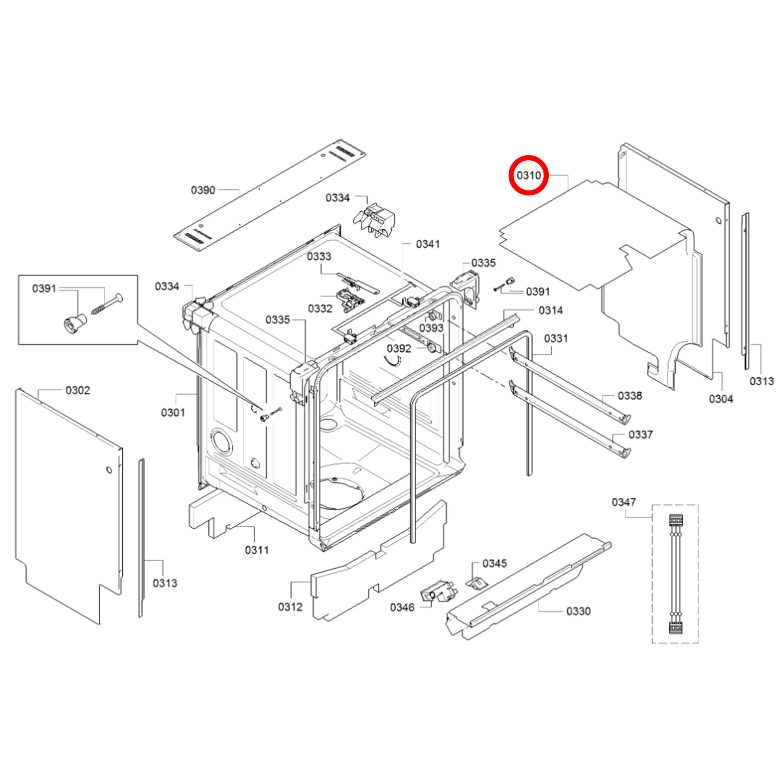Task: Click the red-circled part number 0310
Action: pyautogui.click(x=529, y=175)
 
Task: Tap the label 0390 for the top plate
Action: pyautogui.click(x=203, y=190)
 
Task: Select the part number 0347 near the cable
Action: pyautogui.click(x=623, y=502)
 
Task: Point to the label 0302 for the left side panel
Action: pyautogui.click(x=77, y=390)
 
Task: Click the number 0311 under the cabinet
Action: pyautogui.click(x=257, y=550)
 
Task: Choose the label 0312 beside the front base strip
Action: pyautogui.click(x=290, y=607)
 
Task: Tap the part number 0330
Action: pyautogui.click(x=578, y=611)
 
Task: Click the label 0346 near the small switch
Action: pyautogui.click(x=402, y=607)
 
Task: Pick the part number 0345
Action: pyautogui.click(x=495, y=563)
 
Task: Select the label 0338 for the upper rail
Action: pyautogui.click(x=630, y=396)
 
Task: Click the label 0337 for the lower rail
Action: pyautogui.click(x=640, y=435)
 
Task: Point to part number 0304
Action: pyautogui.click(x=721, y=399)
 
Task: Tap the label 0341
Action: pyautogui.click(x=428, y=244)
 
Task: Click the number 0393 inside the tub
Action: pyautogui.click(x=431, y=328)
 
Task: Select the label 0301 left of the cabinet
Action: pyautogui.click(x=173, y=412)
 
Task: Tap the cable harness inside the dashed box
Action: pyautogui.click(x=675, y=574)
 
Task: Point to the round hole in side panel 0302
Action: pyautogui.click(x=109, y=469)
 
